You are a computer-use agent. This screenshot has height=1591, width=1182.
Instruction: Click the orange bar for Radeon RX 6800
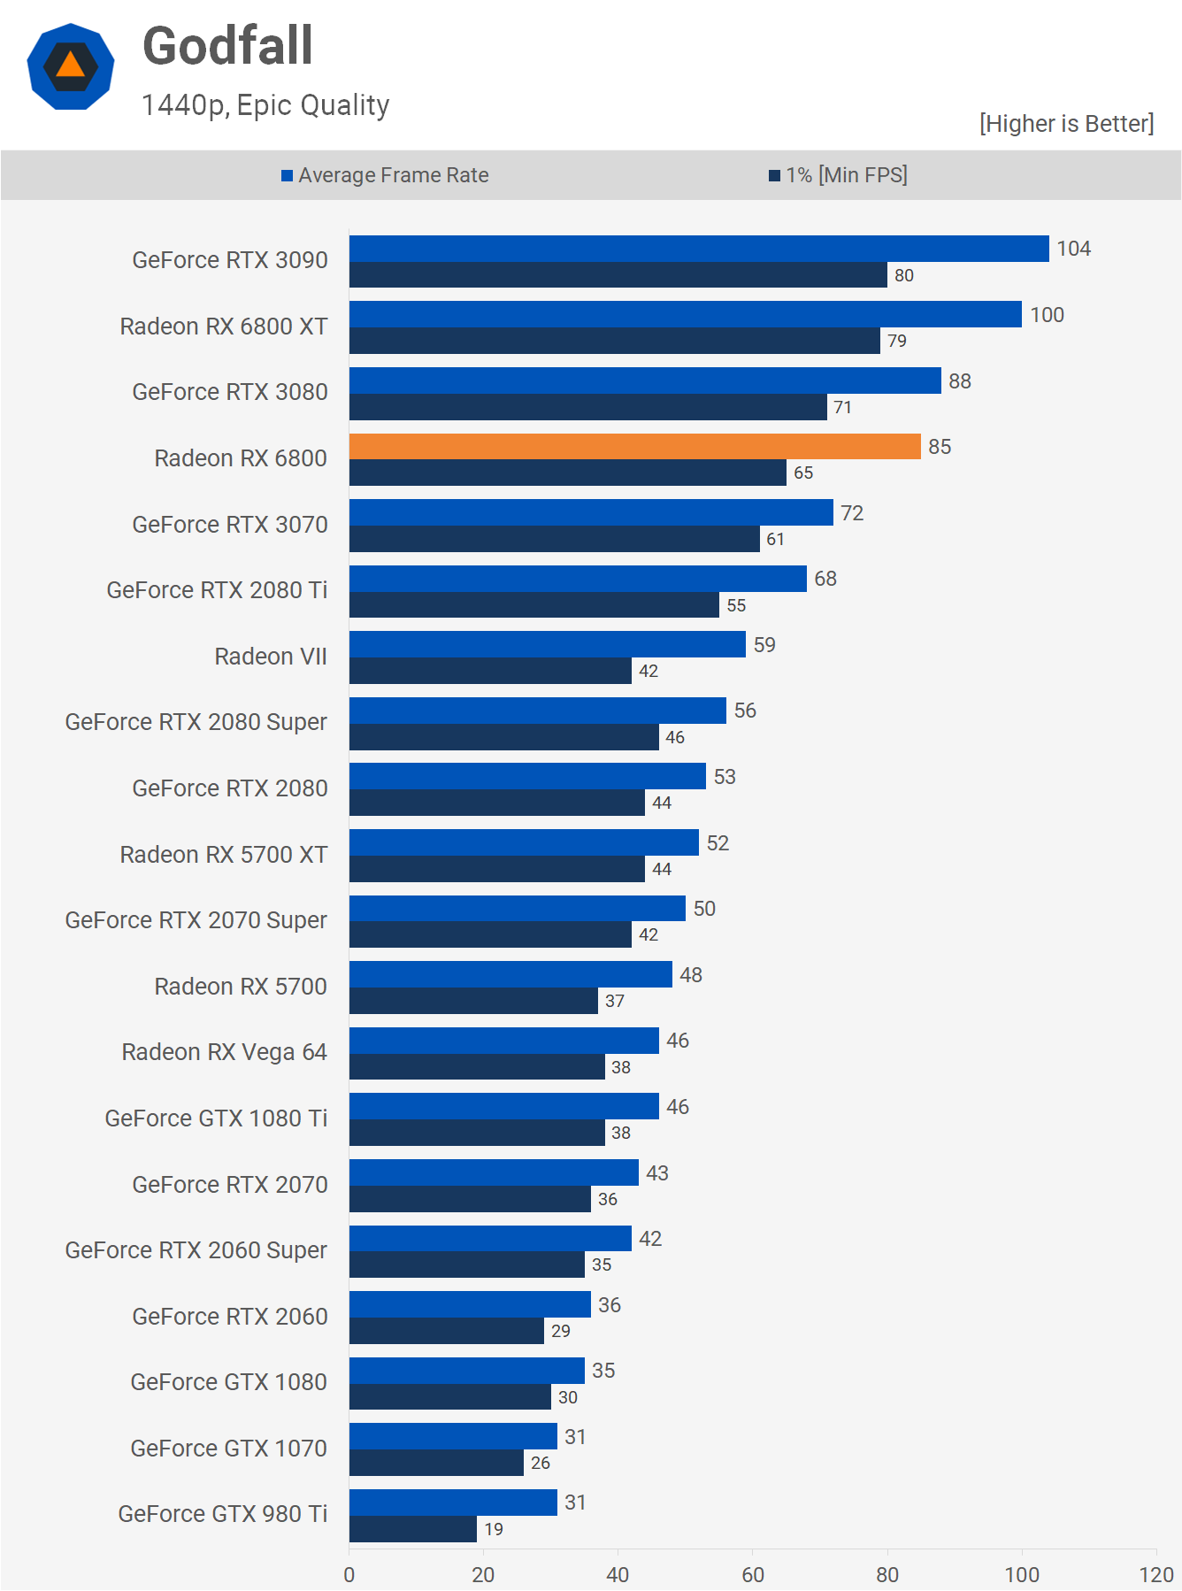(634, 447)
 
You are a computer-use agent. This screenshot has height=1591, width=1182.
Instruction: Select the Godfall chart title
(228, 46)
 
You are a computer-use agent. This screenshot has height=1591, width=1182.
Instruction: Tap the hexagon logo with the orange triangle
(71, 67)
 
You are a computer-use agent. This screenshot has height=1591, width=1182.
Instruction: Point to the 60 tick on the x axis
(753, 1575)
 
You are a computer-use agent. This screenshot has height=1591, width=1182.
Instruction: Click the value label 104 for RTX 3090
(1073, 249)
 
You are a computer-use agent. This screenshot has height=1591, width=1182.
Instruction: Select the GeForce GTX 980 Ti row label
(223, 1514)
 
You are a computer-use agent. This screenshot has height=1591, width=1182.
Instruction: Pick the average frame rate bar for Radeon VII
(547, 644)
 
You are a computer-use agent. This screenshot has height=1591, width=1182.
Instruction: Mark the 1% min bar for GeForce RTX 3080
(587, 407)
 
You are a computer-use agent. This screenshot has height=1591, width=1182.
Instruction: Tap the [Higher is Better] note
(1066, 124)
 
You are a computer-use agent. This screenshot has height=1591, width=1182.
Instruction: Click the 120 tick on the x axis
(1156, 1575)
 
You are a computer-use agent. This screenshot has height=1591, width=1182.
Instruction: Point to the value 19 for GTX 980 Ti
(494, 1529)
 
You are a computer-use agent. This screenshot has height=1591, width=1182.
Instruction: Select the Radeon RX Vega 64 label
(225, 1052)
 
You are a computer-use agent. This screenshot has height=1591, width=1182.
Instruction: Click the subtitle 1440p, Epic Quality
(265, 105)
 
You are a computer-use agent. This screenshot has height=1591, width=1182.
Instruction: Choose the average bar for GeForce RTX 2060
(470, 1304)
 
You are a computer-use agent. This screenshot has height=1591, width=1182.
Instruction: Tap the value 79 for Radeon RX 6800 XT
(897, 341)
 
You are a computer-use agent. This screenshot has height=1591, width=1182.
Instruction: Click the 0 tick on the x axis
(349, 1575)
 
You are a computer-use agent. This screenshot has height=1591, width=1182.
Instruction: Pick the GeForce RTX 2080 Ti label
(217, 590)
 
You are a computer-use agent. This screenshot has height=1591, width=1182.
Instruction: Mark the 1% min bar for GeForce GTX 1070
(436, 1463)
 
